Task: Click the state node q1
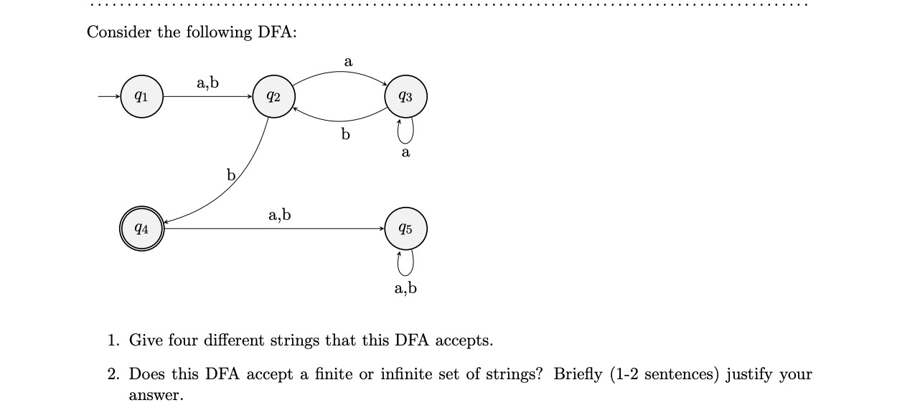142,96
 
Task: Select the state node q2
273,96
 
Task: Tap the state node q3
406,96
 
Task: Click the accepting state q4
142,229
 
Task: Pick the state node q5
406,229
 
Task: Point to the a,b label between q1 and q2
207,83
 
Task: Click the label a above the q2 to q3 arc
348,62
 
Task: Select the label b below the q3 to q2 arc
346,134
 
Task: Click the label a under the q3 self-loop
406,152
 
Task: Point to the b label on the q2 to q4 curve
231,175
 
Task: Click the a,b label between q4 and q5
279,214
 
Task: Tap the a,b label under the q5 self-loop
405,289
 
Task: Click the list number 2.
113,374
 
